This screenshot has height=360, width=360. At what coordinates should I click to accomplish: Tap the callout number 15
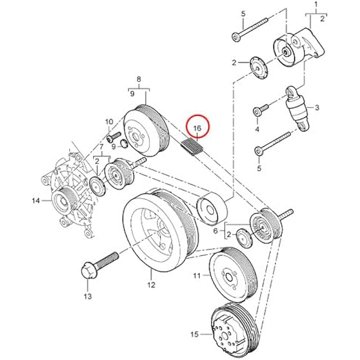[194, 334]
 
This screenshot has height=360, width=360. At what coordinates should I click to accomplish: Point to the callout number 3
[317, 108]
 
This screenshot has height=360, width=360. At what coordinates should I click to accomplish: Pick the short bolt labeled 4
[258, 111]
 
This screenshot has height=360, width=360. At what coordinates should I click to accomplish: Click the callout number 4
[257, 129]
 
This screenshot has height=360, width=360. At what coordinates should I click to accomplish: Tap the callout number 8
[139, 80]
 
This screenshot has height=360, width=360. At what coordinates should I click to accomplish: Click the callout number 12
[151, 285]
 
